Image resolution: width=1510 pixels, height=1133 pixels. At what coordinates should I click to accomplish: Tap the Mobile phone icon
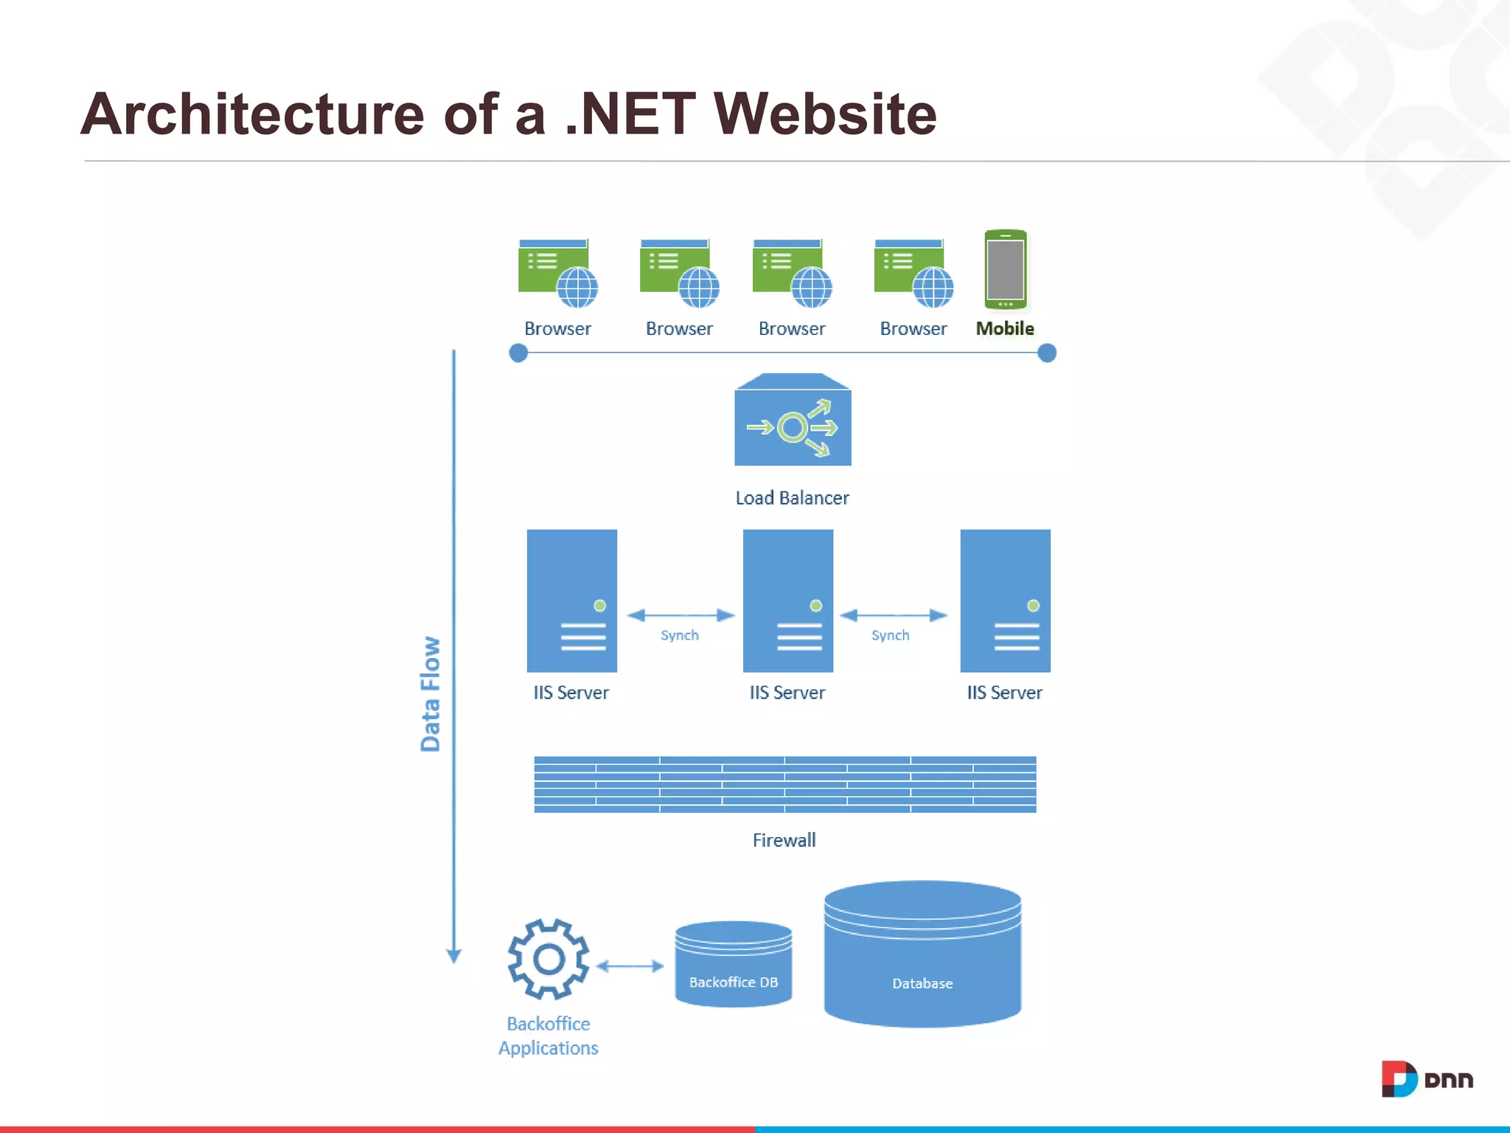click(1005, 269)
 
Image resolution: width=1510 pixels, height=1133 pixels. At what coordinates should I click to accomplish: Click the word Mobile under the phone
click(1004, 328)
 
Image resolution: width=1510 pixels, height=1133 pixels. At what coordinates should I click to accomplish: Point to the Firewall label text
click(784, 840)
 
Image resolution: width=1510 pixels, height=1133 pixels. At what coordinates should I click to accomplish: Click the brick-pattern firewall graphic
click(784, 784)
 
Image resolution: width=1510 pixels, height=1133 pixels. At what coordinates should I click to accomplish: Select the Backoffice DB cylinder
click(733, 964)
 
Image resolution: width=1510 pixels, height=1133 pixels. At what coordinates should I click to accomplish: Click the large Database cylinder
click(922, 955)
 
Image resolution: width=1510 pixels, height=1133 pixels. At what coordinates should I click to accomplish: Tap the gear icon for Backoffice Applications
click(548, 959)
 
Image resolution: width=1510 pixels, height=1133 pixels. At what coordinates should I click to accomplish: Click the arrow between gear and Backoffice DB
click(630, 966)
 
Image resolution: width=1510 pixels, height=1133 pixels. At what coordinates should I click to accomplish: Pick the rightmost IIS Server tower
click(1004, 600)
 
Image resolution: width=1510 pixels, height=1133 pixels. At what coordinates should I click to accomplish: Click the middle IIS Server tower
click(787, 600)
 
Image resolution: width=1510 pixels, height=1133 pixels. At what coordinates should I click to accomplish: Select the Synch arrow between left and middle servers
click(680, 615)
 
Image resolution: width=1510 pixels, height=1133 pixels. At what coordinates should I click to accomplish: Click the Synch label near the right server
click(890, 635)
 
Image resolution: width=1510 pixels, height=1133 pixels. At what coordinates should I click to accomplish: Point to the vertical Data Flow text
click(430, 693)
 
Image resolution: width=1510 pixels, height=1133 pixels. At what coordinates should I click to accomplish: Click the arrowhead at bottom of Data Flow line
click(453, 956)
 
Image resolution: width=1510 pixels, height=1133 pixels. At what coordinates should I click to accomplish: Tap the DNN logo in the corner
click(1426, 1079)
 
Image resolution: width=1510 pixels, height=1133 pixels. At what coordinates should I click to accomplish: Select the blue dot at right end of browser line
click(1046, 353)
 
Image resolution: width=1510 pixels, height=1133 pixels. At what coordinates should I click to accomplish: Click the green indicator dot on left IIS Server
click(599, 606)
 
